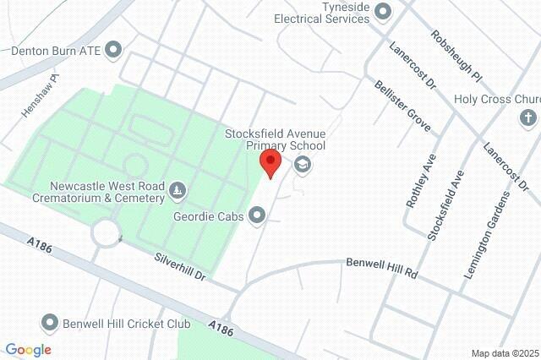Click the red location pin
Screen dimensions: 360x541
(270, 163)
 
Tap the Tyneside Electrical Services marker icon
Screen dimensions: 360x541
(383, 11)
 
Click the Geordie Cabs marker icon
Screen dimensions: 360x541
(258, 217)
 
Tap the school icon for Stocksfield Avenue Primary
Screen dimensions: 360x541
(302, 165)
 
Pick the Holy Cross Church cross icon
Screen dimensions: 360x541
(528, 117)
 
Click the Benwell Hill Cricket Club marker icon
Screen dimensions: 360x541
(51, 323)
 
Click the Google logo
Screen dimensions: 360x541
(28, 350)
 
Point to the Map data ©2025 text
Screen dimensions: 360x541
(504, 353)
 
